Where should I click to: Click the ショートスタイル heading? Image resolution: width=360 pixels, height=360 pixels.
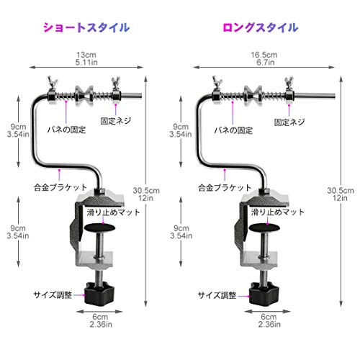(x=86, y=27)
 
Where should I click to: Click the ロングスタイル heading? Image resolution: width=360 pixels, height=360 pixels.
(x=261, y=27)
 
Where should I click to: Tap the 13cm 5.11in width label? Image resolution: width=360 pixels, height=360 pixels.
(x=86, y=58)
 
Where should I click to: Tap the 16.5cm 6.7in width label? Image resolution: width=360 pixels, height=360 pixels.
(x=264, y=58)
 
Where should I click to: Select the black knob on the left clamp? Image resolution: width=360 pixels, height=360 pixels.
(x=99, y=294)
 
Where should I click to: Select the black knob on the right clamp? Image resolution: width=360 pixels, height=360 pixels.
(x=264, y=294)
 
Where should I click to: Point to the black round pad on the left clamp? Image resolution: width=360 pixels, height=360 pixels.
(x=100, y=228)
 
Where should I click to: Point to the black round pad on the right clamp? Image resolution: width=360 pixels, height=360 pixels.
(x=264, y=228)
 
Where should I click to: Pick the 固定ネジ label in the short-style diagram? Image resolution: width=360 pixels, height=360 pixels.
(x=116, y=121)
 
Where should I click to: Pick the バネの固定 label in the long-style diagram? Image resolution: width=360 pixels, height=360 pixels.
(x=233, y=130)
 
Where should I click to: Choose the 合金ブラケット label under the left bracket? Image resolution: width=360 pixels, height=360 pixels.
(x=60, y=187)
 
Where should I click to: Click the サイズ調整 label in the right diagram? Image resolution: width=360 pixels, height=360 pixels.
(x=217, y=295)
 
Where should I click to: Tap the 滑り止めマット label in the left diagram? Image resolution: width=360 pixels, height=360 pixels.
(x=113, y=212)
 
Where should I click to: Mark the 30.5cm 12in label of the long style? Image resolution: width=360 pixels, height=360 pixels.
(x=341, y=194)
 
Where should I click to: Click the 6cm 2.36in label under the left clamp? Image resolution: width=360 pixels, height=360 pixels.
(x=101, y=320)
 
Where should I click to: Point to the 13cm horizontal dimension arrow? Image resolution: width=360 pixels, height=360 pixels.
(x=86, y=68)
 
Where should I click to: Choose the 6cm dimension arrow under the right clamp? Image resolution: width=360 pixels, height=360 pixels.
(x=268, y=312)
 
